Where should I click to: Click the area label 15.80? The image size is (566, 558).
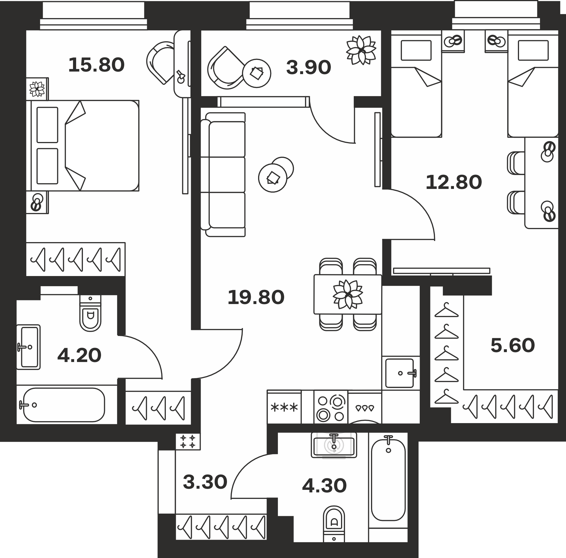click(x=97, y=65)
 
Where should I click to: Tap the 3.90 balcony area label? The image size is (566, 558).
click(x=308, y=67)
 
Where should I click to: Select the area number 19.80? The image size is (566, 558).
click(x=256, y=298)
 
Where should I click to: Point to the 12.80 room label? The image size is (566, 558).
click(x=453, y=182)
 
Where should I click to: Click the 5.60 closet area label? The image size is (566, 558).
click(x=513, y=345)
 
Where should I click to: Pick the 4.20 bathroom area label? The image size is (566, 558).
click(x=80, y=356)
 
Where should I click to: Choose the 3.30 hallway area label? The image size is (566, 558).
click(x=205, y=482)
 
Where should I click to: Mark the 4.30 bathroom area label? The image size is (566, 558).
click(x=324, y=486)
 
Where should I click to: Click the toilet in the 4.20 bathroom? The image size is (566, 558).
click(x=90, y=313)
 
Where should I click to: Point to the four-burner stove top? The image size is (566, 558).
click(x=331, y=407)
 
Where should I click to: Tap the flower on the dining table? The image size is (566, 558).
click(x=348, y=294)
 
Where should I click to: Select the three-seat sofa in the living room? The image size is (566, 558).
click(x=223, y=174)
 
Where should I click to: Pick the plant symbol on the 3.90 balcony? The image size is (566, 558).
click(x=361, y=50)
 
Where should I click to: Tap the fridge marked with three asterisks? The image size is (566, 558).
click(x=284, y=407)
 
